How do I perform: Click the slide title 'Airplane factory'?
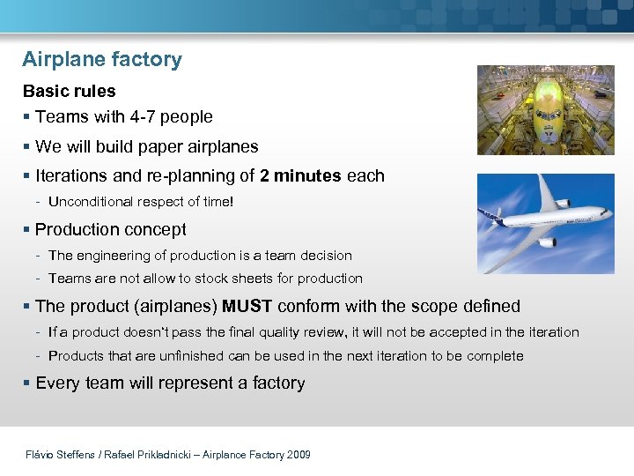pyautogui.click(x=102, y=60)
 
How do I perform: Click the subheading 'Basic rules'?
pyautogui.click(x=69, y=91)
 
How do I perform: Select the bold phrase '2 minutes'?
pyautogui.click(x=300, y=175)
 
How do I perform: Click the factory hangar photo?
pyautogui.click(x=545, y=110)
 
